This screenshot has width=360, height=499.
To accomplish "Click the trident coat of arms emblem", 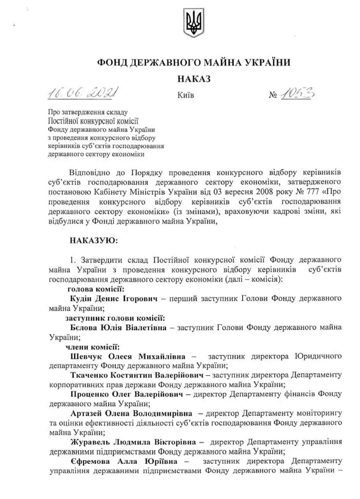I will (x=193, y=23).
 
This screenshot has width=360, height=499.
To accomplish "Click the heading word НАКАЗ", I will (x=194, y=78).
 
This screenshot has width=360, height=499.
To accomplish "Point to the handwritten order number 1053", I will (x=298, y=93).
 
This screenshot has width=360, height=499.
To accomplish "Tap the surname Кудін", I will (x=82, y=298).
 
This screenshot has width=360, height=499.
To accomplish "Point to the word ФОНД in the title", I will (x=113, y=62).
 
